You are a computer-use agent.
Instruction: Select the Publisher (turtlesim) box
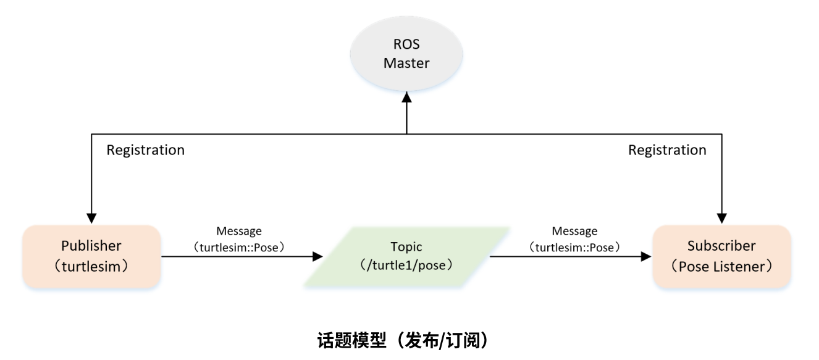click(91, 256)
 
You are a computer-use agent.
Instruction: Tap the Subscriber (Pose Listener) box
click(721, 256)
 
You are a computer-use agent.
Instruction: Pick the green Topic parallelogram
click(406, 256)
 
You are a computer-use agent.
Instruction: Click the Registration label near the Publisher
click(145, 150)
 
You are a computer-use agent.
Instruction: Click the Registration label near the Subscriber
click(667, 150)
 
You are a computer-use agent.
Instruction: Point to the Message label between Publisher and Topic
click(238, 232)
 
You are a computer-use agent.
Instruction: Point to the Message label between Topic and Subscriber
click(574, 232)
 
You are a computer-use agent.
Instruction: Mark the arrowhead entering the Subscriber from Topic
click(647, 256)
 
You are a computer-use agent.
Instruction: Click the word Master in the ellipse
click(406, 63)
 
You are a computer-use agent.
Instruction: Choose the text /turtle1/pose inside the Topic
click(406, 265)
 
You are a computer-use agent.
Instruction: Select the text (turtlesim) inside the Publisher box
click(91, 266)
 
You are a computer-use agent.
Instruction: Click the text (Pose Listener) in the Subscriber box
click(721, 266)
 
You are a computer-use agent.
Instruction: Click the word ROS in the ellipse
click(406, 44)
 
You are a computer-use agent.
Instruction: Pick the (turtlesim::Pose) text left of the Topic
click(238, 246)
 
